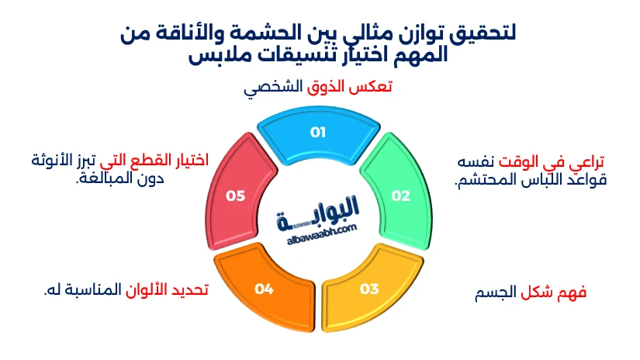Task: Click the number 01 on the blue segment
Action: pyautogui.click(x=318, y=132)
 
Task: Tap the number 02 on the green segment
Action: pyautogui.click(x=400, y=196)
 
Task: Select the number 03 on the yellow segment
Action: pyautogui.click(x=369, y=289)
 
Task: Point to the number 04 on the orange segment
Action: pyautogui.click(x=264, y=289)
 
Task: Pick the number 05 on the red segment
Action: pyautogui.click(x=236, y=196)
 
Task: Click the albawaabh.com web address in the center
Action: pyautogui.click(x=322, y=234)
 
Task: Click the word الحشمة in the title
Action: pyautogui.click(x=259, y=33)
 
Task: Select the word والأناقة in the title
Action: pyautogui.click(x=179, y=33)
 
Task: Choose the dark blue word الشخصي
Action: pyautogui.click(x=273, y=88)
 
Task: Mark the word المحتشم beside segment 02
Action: pyautogui.click(x=476, y=180)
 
